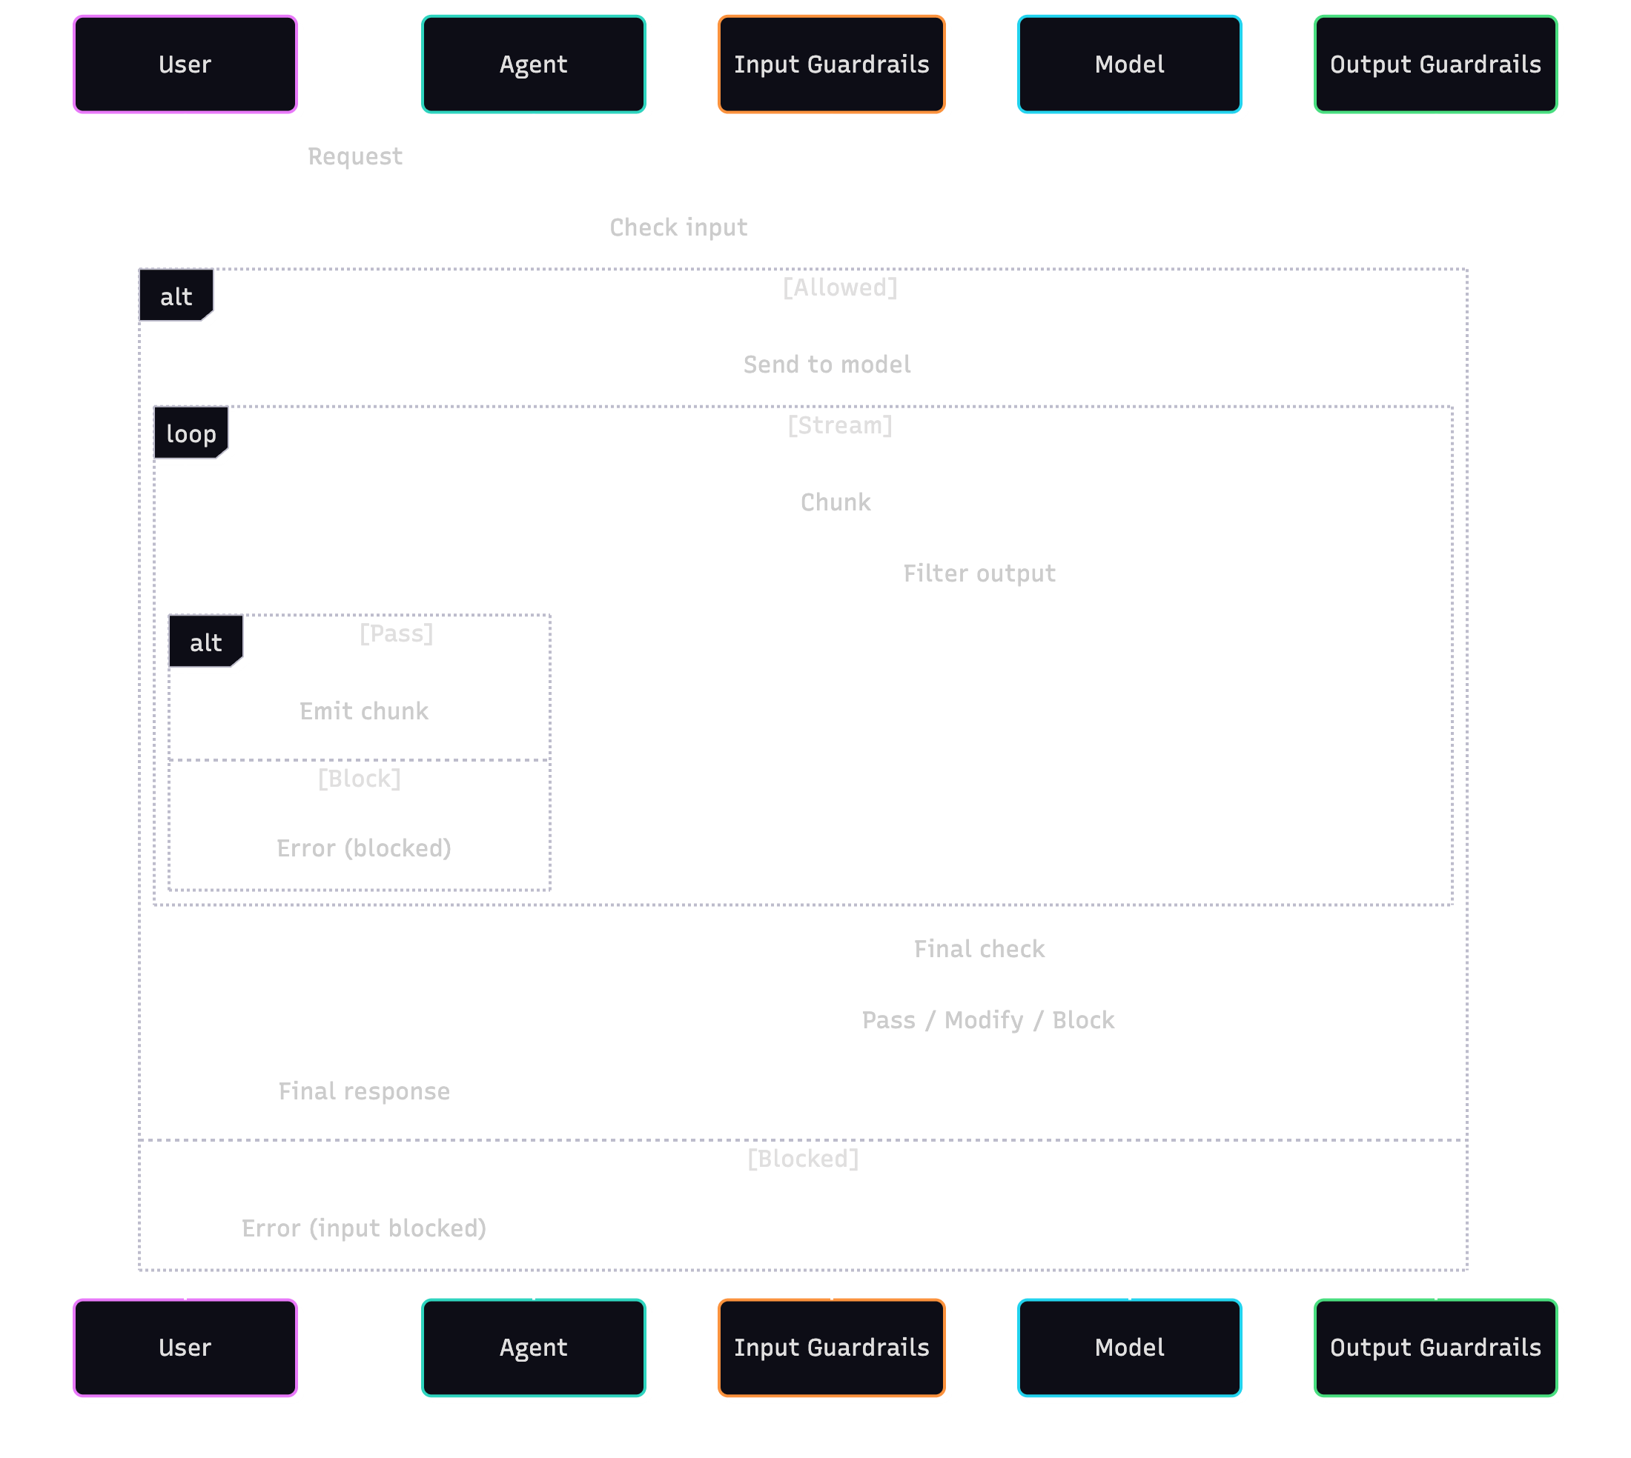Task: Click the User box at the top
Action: (185, 64)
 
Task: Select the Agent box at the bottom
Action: (533, 1348)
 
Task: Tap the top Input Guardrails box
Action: (831, 64)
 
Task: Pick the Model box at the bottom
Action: (1129, 1348)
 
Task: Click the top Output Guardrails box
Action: (1435, 64)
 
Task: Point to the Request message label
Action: (355, 156)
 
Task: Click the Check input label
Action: (678, 227)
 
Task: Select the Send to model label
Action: (827, 364)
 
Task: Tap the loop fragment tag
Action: (191, 433)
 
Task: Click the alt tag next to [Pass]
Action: (205, 642)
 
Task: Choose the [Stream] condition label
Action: (839, 425)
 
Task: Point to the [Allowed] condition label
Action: (839, 287)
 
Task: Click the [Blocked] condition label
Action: (802, 1159)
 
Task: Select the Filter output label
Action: (979, 573)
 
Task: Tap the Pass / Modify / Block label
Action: (987, 1020)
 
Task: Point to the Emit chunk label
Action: (364, 710)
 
